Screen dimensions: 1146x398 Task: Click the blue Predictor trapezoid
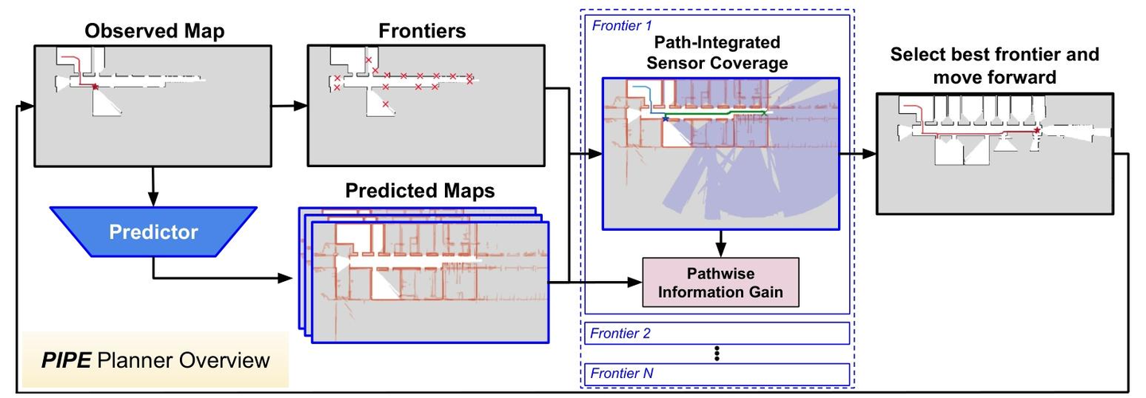click(x=154, y=231)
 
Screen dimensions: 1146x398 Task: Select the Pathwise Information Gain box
click(x=720, y=283)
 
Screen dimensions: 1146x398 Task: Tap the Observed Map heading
click(x=154, y=31)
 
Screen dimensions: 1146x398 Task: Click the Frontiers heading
click(x=422, y=31)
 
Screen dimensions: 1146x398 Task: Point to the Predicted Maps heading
click(x=420, y=191)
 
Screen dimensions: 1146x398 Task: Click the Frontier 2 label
click(x=620, y=334)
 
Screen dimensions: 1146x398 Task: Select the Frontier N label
click(x=622, y=373)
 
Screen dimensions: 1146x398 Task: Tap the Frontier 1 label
click(x=622, y=25)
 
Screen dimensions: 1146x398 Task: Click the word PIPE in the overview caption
click(x=67, y=360)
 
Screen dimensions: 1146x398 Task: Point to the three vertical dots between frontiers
click(x=717, y=353)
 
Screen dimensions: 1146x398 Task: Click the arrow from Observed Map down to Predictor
click(x=153, y=187)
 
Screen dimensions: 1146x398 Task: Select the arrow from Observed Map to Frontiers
click(x=290, y=106)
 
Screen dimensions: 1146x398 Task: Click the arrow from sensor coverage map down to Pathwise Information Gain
click(x=720, y=244)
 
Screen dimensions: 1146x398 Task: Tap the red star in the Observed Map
click(x=95, y=87)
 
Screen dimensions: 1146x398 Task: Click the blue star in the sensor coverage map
click(x=665, y=119)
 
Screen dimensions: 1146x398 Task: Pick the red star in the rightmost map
click(x=1037, y=131)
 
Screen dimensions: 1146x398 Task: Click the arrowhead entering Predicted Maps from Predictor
click(x=285, y=279)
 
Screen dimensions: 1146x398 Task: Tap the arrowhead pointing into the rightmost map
click(x=869, y=154)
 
